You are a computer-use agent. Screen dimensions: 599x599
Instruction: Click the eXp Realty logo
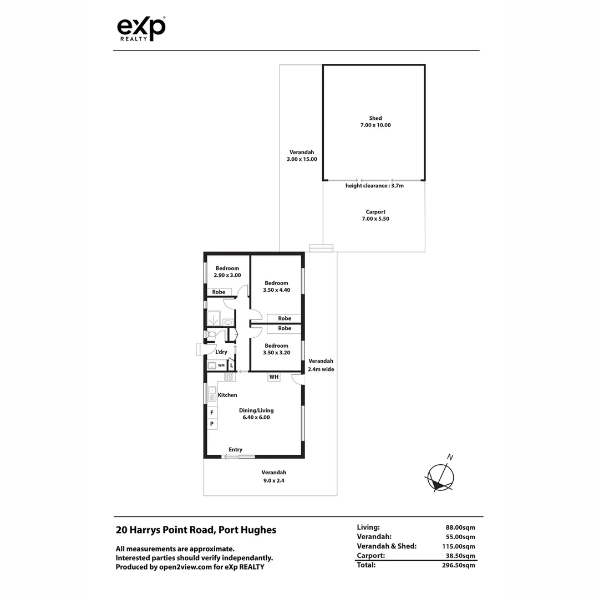(x=141, y=28)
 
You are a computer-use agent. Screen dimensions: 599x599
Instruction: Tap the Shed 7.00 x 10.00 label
(x=375, y=121)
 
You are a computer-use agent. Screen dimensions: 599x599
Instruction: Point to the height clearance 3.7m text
(x=374, y=186)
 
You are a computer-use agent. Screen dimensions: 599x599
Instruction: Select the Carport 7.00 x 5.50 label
(x=375, y=215)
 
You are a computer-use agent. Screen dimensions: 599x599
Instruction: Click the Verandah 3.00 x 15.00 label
(x=302, y=156)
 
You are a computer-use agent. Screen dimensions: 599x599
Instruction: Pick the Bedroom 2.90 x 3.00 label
(x=227, y=272)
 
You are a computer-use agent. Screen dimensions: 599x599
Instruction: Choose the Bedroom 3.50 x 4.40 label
(x=276, y=286)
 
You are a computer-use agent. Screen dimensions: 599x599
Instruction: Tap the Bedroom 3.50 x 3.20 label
(x=276, y=349)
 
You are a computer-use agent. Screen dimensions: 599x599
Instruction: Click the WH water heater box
(x=273, y=377)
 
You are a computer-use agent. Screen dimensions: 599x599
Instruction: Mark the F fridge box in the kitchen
(x=211, y=413)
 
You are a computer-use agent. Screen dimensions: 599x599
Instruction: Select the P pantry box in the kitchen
(x=211, y=424)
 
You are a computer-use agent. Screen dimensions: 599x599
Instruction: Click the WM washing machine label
(x=221, y=366)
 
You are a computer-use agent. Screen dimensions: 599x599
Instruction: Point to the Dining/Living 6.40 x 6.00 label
(x=256, y=414)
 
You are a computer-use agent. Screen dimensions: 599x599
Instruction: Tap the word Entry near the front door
(x=235, y=450)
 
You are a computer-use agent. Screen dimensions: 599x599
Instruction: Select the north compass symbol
(x=440, y=476)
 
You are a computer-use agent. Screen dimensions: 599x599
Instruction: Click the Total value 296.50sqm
(x=457, y=565)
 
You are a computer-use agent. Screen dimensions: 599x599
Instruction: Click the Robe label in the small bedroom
(x=219, y=292)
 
